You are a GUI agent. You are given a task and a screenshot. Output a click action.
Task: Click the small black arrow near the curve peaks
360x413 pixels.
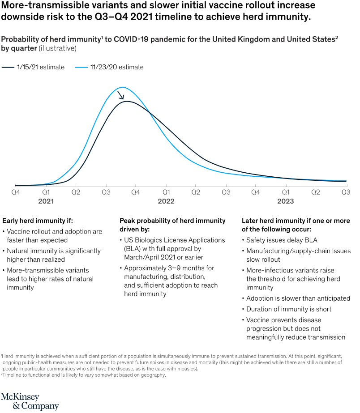(x=120, y=95)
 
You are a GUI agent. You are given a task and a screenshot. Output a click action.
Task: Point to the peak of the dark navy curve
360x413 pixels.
(x=127, y=102)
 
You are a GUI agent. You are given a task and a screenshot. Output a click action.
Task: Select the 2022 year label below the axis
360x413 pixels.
(x=166, y=202)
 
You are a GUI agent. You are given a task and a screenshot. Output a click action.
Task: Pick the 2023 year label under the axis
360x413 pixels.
(x=285, y=202)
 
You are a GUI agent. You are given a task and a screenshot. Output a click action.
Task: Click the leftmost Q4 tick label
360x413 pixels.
(x=15, y=192)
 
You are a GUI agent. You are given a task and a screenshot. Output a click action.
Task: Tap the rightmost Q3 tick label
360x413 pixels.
(x=345, y=192)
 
